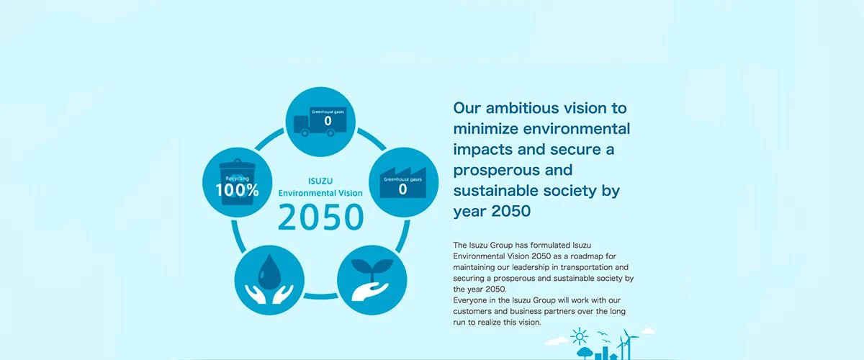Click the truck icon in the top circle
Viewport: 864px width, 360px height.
320,122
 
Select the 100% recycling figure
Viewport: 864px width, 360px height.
237,190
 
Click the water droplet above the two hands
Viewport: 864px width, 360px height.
269,271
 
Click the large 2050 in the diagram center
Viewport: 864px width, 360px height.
320,217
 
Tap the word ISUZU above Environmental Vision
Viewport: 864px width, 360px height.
320,181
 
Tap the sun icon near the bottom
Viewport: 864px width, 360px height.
580,336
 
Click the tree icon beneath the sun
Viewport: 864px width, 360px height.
585,353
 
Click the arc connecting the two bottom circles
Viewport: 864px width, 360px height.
320,297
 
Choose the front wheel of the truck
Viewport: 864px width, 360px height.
330,132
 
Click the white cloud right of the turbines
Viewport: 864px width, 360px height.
648,331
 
